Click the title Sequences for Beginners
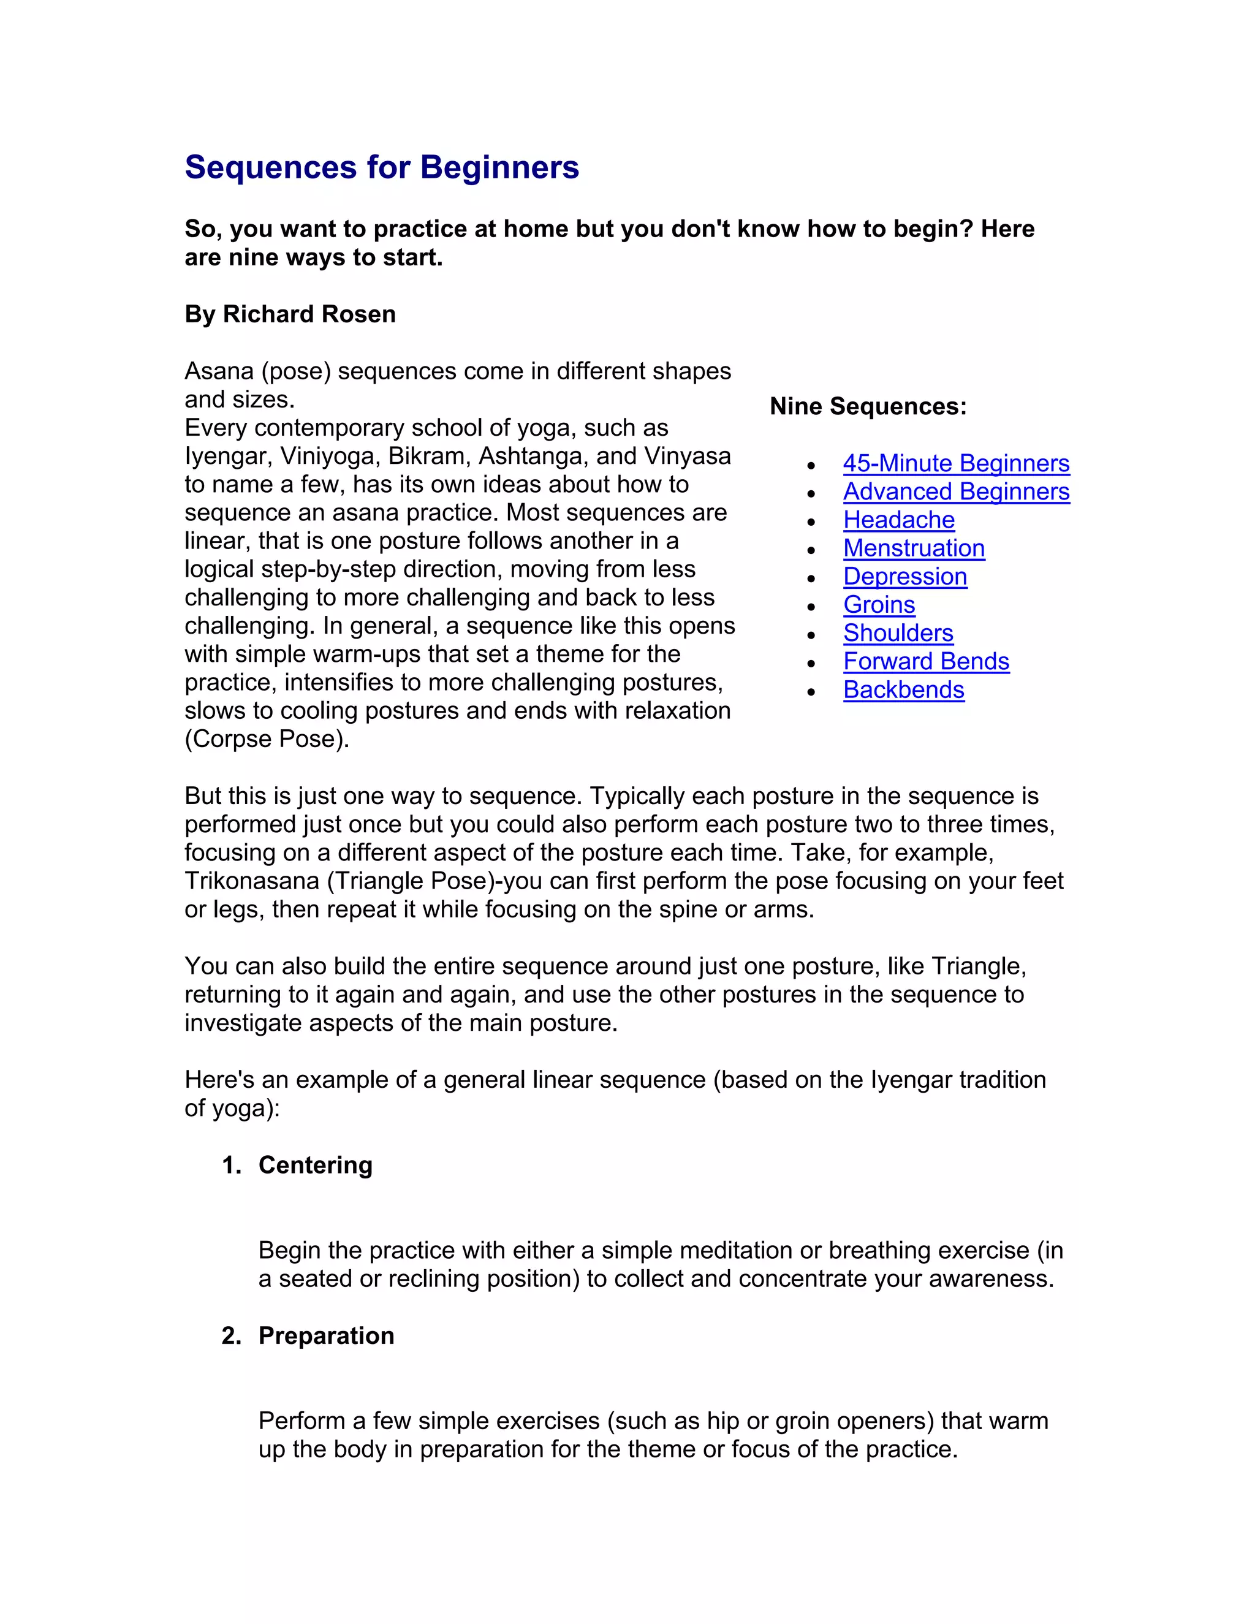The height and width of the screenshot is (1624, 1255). point(381,167)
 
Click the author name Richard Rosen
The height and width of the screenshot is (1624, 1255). point(309,314)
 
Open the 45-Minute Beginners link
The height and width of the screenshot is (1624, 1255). point(955,463)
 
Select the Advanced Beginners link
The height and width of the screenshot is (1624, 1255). point(955,491)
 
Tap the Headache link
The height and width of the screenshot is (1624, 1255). point(898,520)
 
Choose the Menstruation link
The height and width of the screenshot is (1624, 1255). point(913,548)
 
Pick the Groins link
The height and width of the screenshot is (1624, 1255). point(878,604)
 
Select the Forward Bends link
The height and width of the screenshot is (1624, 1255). point(926,661)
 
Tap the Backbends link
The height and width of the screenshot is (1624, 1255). point(903,690)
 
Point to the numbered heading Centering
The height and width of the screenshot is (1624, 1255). point(314,1164)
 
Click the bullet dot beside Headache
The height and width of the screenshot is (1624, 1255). point(811,522)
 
